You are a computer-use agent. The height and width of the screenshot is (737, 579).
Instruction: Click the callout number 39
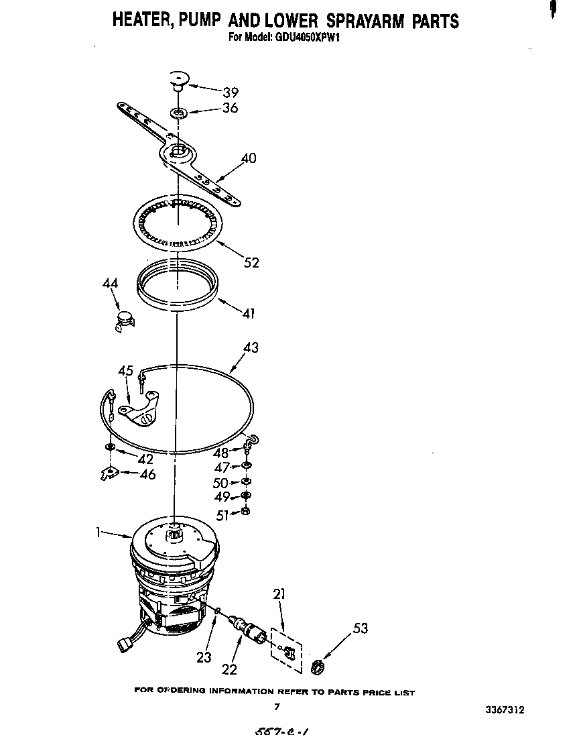[230, 93]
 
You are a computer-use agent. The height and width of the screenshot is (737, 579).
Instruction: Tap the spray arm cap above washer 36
[178, 79]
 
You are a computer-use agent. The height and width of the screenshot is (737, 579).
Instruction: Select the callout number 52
[251, 263]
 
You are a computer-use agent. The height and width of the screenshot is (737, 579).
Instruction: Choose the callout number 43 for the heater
[250, 347]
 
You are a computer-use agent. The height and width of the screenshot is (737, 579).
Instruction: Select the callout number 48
[220, 453]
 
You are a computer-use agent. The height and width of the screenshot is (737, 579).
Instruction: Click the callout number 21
[279, 593]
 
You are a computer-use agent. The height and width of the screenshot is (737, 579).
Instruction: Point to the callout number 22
[229, 669]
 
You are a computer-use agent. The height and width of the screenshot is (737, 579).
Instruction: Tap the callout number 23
[204, 657]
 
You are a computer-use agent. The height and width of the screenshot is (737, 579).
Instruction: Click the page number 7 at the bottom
[276, 707]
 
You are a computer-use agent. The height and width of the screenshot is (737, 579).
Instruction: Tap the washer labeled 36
[179, 111]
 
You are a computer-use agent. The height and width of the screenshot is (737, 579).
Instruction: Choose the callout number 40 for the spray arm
[248, 159]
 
